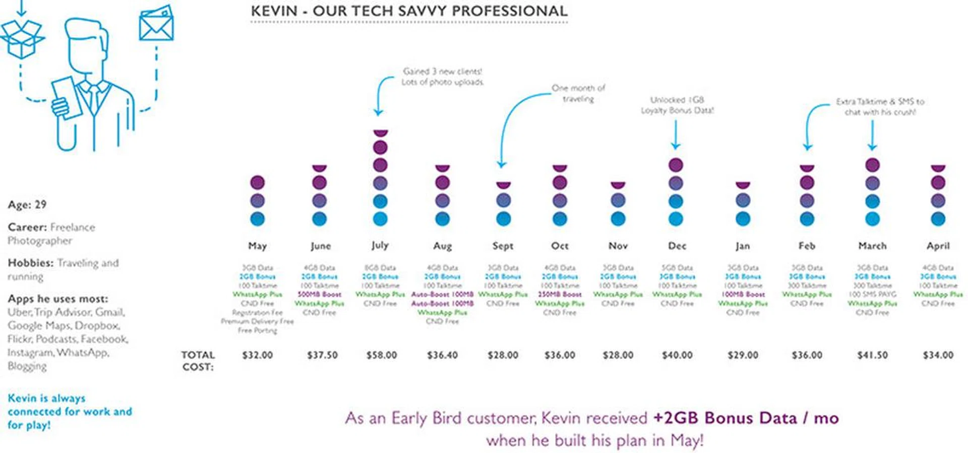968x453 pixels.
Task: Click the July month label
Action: click(x=380, y=245)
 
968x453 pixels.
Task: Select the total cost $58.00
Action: click(x=382, y=355)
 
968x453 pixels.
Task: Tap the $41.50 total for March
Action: click(x=872, y=355)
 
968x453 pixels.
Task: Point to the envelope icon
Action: click(x=156, y=24)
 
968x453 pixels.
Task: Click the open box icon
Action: click(x=22, y=37)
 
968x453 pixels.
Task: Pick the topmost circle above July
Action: click(x=381, y=133)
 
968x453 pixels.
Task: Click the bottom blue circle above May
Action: click(x=257, y=219)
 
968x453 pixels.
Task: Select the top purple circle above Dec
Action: click(x=676, y=165)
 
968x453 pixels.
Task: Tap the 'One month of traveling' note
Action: click(x=578, y=93)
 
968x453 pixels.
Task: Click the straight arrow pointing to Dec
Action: click(x=676, y=135)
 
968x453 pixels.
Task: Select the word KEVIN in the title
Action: click(x=274, y=11)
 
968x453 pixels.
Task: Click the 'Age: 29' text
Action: click(x=27, y=204)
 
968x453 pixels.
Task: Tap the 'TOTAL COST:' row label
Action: click(x=198, y=361)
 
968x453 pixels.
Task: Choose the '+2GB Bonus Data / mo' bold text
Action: click(x=746, y=418)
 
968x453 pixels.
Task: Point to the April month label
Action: click(x=938, y=246)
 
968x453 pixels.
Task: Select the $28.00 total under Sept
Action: click(x=503, y=355)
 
